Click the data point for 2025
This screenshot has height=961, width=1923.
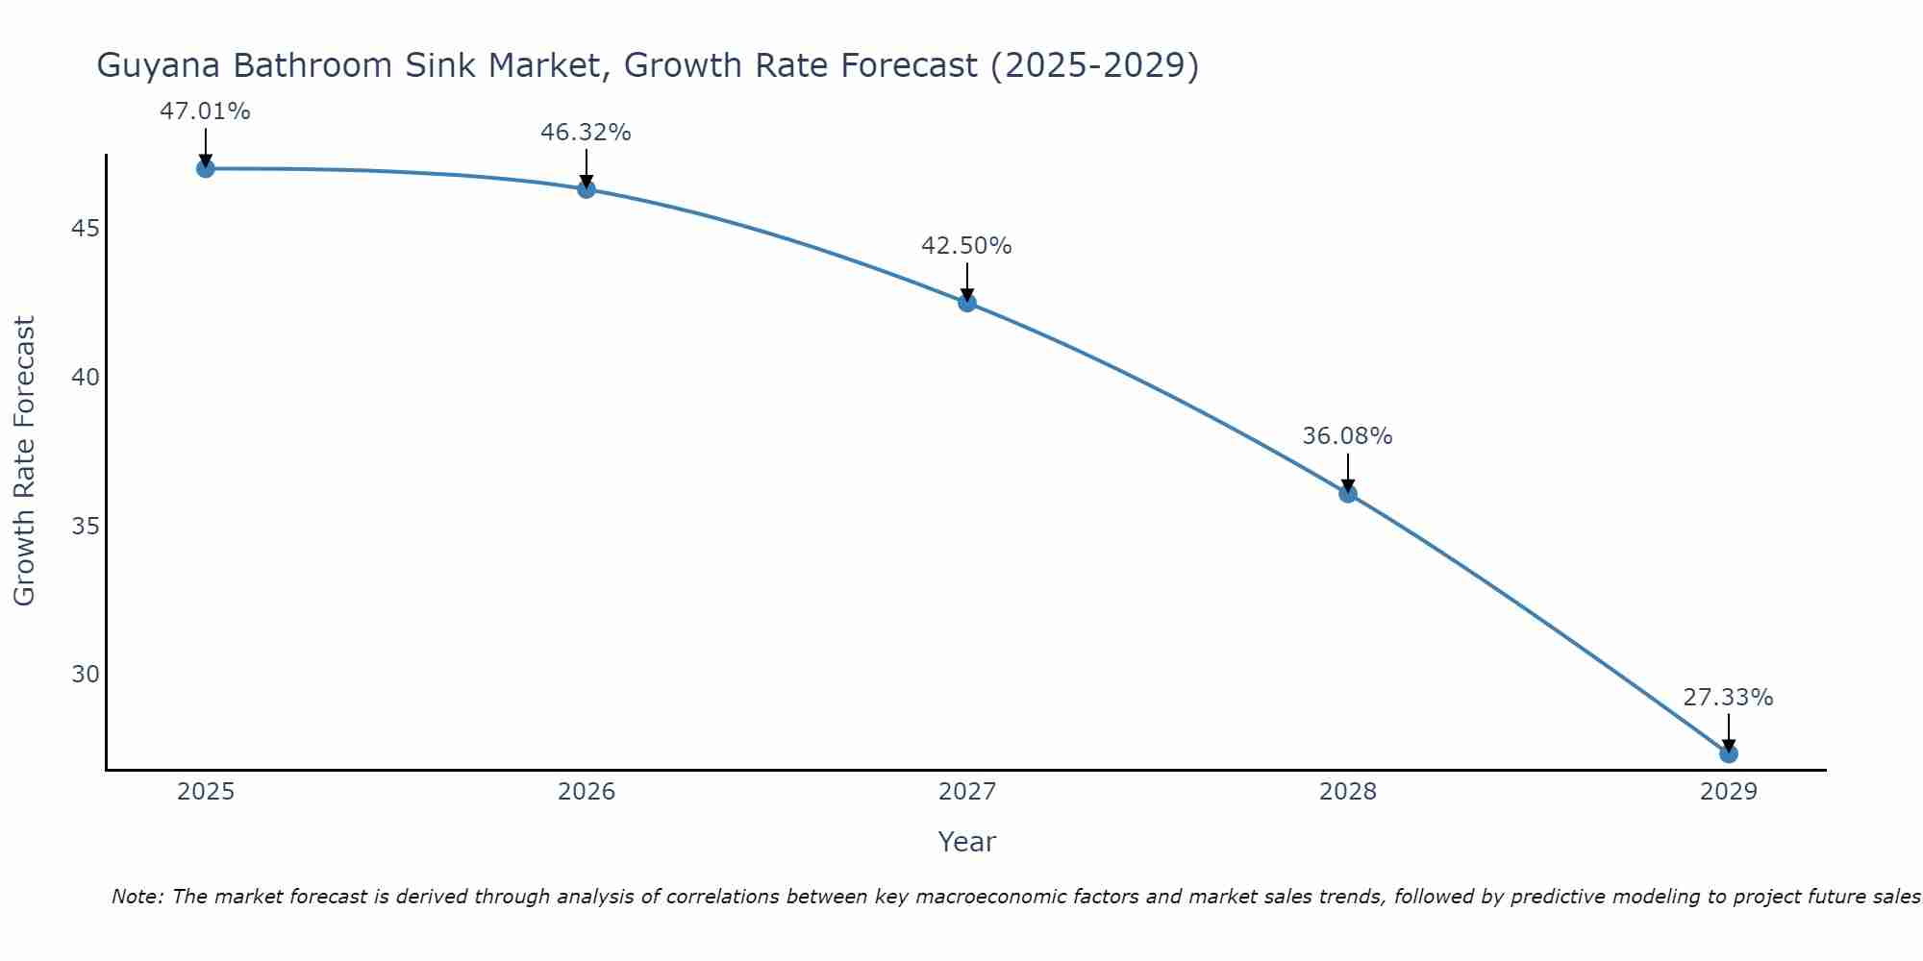pos(205,169)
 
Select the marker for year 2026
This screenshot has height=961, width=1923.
pos(587,189)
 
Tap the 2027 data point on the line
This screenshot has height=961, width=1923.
pos(967,303)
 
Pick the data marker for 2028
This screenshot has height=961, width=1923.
pos(1348,494)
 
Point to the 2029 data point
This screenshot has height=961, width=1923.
pos(1728,754)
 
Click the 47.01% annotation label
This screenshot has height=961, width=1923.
pos(205,111)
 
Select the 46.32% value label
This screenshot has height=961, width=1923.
pos(586,133)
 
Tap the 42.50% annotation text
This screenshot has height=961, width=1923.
pos(966,246)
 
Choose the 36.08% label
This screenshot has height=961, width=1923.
pos(1347,436)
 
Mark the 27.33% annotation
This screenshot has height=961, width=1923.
pos(1728,698)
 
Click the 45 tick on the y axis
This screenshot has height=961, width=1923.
pos(86,229)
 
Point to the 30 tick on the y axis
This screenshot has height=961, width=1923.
pos(86,675)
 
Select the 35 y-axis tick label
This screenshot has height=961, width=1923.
pos(86,527)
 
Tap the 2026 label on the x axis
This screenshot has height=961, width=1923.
pos(587,792)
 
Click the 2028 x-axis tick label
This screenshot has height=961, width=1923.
pos(1348,792)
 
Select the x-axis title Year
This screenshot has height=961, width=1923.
pos(966,842)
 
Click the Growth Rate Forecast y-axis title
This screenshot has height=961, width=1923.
pos(24,461)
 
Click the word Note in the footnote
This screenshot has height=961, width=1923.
pos(137,897)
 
